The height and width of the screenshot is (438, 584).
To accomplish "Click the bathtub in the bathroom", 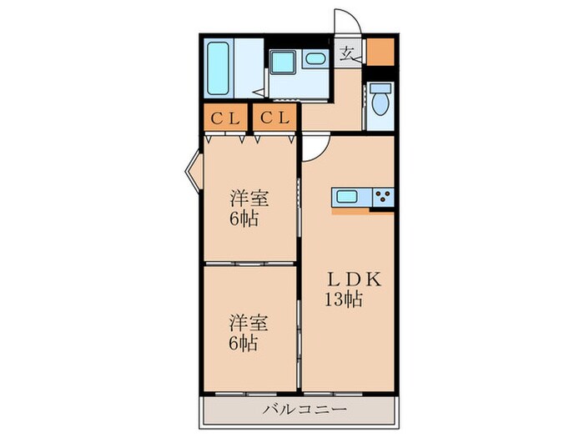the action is pyautogui.click(x=218, y=68).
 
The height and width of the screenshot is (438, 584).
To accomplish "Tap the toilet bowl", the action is pyautogui.click(x=380, y=103).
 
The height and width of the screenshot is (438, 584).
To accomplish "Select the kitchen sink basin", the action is pyautogui.click(x=347, y=197).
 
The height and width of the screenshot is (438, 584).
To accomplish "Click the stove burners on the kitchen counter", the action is pyautogui.click(x=383, y=197).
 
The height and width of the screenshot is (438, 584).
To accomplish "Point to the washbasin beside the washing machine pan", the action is pyautogui.click(x=315, y=58).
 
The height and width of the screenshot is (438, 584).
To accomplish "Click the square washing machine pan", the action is pyautogui.click(x=283, y=62).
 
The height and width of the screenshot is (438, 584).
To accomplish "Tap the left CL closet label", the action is pyautogui.click(x=225, y=118).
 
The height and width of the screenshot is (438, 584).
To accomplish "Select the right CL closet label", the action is pyautogui.click(x=274, y=118).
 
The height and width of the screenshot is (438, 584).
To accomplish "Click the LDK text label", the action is pyautogui.click(x=355, y=279).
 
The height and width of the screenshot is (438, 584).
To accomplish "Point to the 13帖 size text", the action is pyautogui.click(x=344, y=300).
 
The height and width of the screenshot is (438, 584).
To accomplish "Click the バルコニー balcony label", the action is pyautogui.click(x=305, y=410).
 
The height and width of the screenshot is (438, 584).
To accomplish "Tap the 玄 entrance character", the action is pyautogui.click(x=347, y=54).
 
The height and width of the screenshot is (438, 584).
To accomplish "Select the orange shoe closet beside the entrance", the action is pyautogui.click(x=380, y=52).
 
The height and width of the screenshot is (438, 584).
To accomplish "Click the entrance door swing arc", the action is pyautogui.click(x=356, y=17).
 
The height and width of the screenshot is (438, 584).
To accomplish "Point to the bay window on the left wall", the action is pyautogui.click(x=194, y=172).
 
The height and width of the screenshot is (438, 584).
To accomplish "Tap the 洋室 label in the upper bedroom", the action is pyautogui.click(x=249, y=198).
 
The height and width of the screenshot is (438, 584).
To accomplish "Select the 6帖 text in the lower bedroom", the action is pyautogui.click(x=244, y=343).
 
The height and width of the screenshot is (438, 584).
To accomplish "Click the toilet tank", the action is pyautogui.click(x=380, y=88).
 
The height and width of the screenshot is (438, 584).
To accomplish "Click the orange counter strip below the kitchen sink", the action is pyautogui.click(x=350, y=212).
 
